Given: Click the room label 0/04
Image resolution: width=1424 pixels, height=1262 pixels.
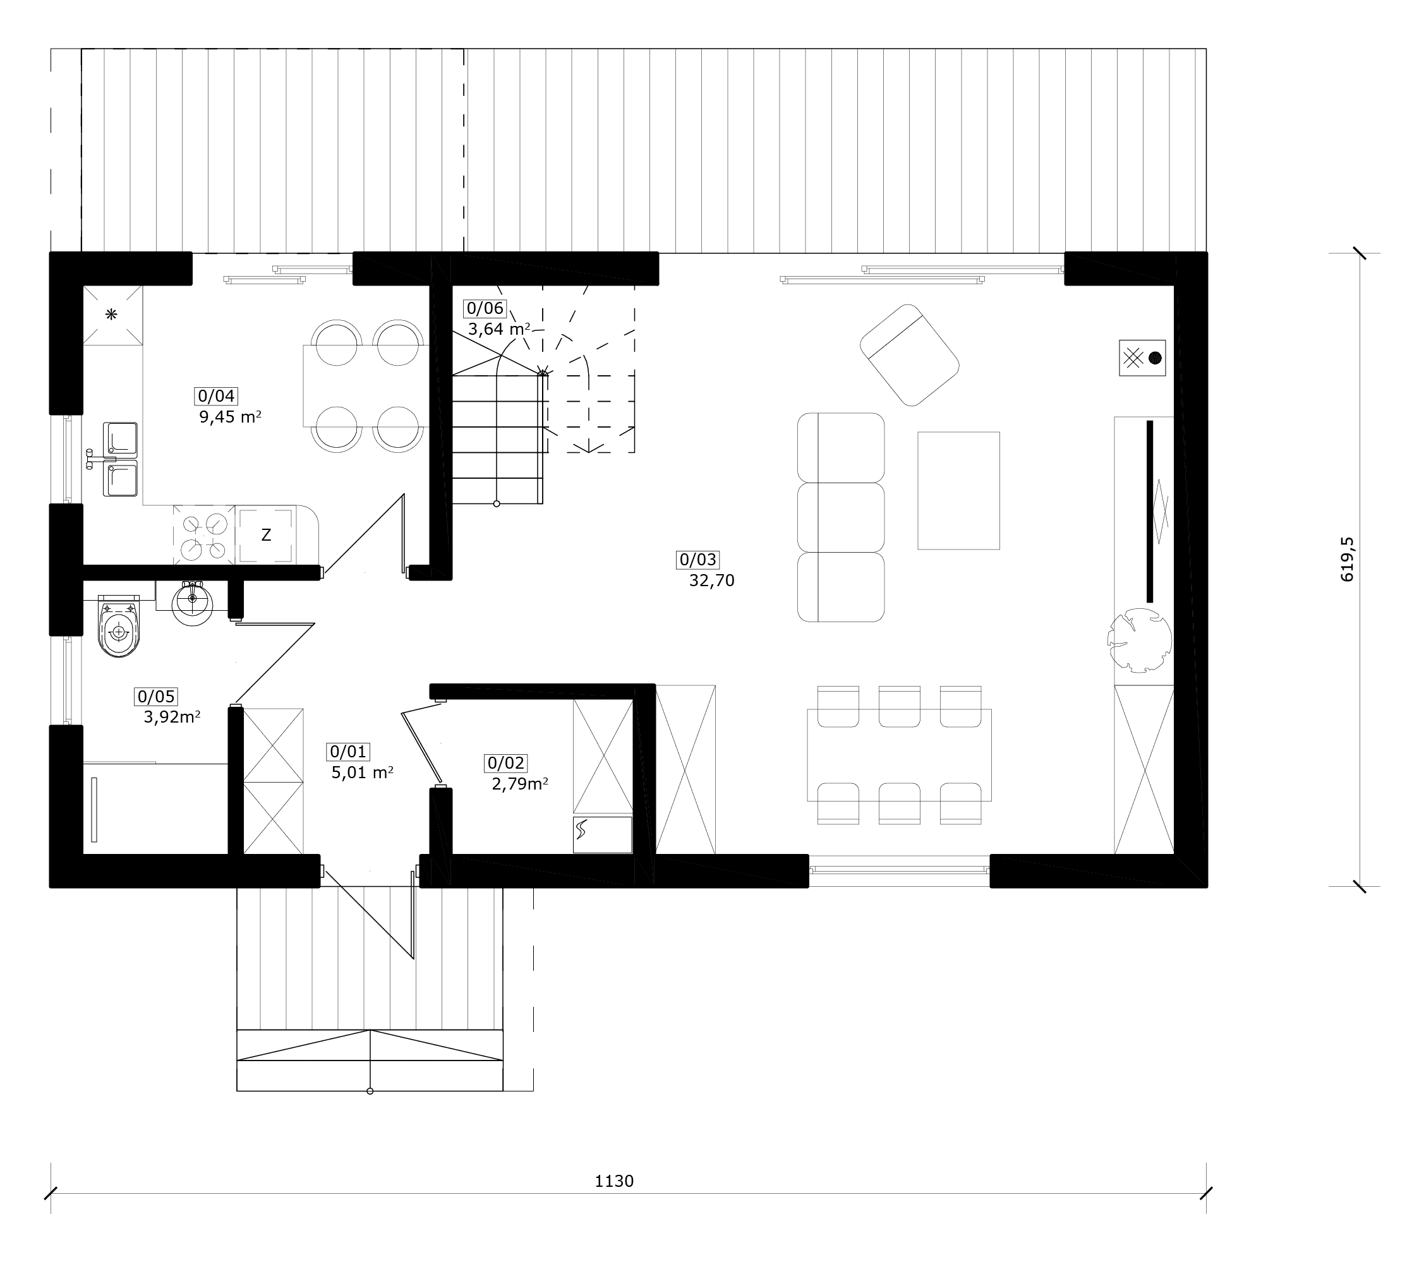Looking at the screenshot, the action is [x=216, y=396].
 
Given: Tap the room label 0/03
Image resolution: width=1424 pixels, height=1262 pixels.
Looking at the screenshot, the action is [x=697, y=559].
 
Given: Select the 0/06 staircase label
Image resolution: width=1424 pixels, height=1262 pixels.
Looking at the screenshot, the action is [x=485, y=308].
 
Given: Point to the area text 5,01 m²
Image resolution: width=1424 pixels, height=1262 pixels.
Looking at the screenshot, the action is [x=362, y=772].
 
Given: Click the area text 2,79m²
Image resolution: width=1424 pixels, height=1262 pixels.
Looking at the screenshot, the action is [x=520, y=784].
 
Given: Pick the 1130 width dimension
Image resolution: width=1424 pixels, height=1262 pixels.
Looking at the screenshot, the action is [x=614, y=1181].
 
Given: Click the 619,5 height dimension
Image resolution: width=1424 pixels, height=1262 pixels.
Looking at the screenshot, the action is [x=1348, y=559].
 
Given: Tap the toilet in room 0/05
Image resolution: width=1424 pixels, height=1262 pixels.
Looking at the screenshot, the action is [x=119, y=625].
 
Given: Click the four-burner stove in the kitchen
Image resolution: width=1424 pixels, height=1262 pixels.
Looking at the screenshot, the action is [x=204, y=535].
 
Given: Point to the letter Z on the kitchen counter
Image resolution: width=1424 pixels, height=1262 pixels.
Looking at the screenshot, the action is [x=266, y=535].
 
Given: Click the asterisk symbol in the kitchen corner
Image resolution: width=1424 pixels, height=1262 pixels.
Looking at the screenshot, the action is [x=111, y=314].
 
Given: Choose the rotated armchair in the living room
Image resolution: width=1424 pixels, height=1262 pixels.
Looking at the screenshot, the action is [x=909, y=354].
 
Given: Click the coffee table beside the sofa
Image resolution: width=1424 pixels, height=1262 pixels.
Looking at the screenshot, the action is [x=958, y=490].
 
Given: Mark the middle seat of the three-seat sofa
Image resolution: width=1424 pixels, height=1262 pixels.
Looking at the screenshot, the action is [x=841, y=517].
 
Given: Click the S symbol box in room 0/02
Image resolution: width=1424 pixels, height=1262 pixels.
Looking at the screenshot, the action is [x=603, y=834].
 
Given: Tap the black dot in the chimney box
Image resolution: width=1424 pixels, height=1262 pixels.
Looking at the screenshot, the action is [x=1154, y=358].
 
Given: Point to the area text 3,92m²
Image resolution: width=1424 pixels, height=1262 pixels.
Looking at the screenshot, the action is [x=172, y=717].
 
